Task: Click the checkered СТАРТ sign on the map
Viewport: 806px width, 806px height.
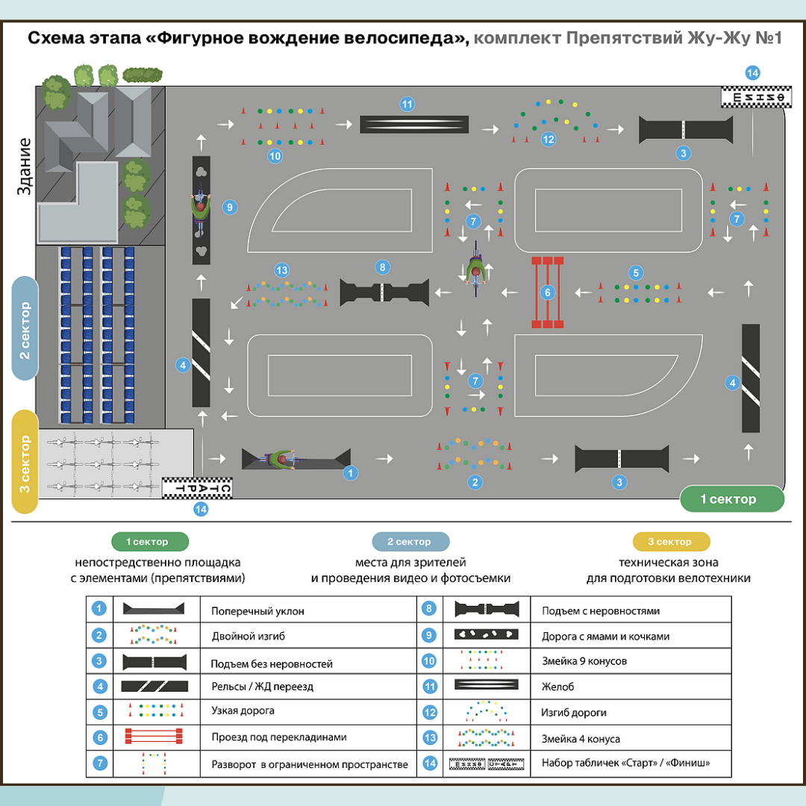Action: (x=198, y=488)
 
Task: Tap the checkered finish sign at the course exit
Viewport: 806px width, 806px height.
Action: (x=756, y=98)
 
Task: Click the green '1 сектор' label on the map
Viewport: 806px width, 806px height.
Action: (x=732, y=499)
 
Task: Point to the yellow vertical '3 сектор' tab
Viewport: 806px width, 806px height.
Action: (x=25, y=461)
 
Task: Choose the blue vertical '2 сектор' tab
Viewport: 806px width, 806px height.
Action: (x=25, y=328)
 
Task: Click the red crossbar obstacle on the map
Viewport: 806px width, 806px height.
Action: (x=547, y=293)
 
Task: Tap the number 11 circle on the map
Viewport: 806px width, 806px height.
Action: (x=407, y=104)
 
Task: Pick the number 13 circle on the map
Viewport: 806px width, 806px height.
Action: (x=281, y=270)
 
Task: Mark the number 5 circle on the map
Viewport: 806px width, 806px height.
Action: (x=635, y=272)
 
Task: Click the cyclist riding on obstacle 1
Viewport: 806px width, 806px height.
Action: (x=282, y=459)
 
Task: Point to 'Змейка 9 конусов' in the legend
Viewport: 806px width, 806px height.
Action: (x=584, y=661)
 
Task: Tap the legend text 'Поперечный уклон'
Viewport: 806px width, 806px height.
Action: (x=257, y=611)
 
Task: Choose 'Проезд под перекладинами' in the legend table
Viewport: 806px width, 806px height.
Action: (x=279, y=737)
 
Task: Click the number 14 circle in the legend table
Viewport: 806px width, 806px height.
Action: (x=429, y=763)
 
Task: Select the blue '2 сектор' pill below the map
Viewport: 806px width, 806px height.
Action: (x=410, y=542)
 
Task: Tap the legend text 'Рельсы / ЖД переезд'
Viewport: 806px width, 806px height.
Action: (x=262, y=687)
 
